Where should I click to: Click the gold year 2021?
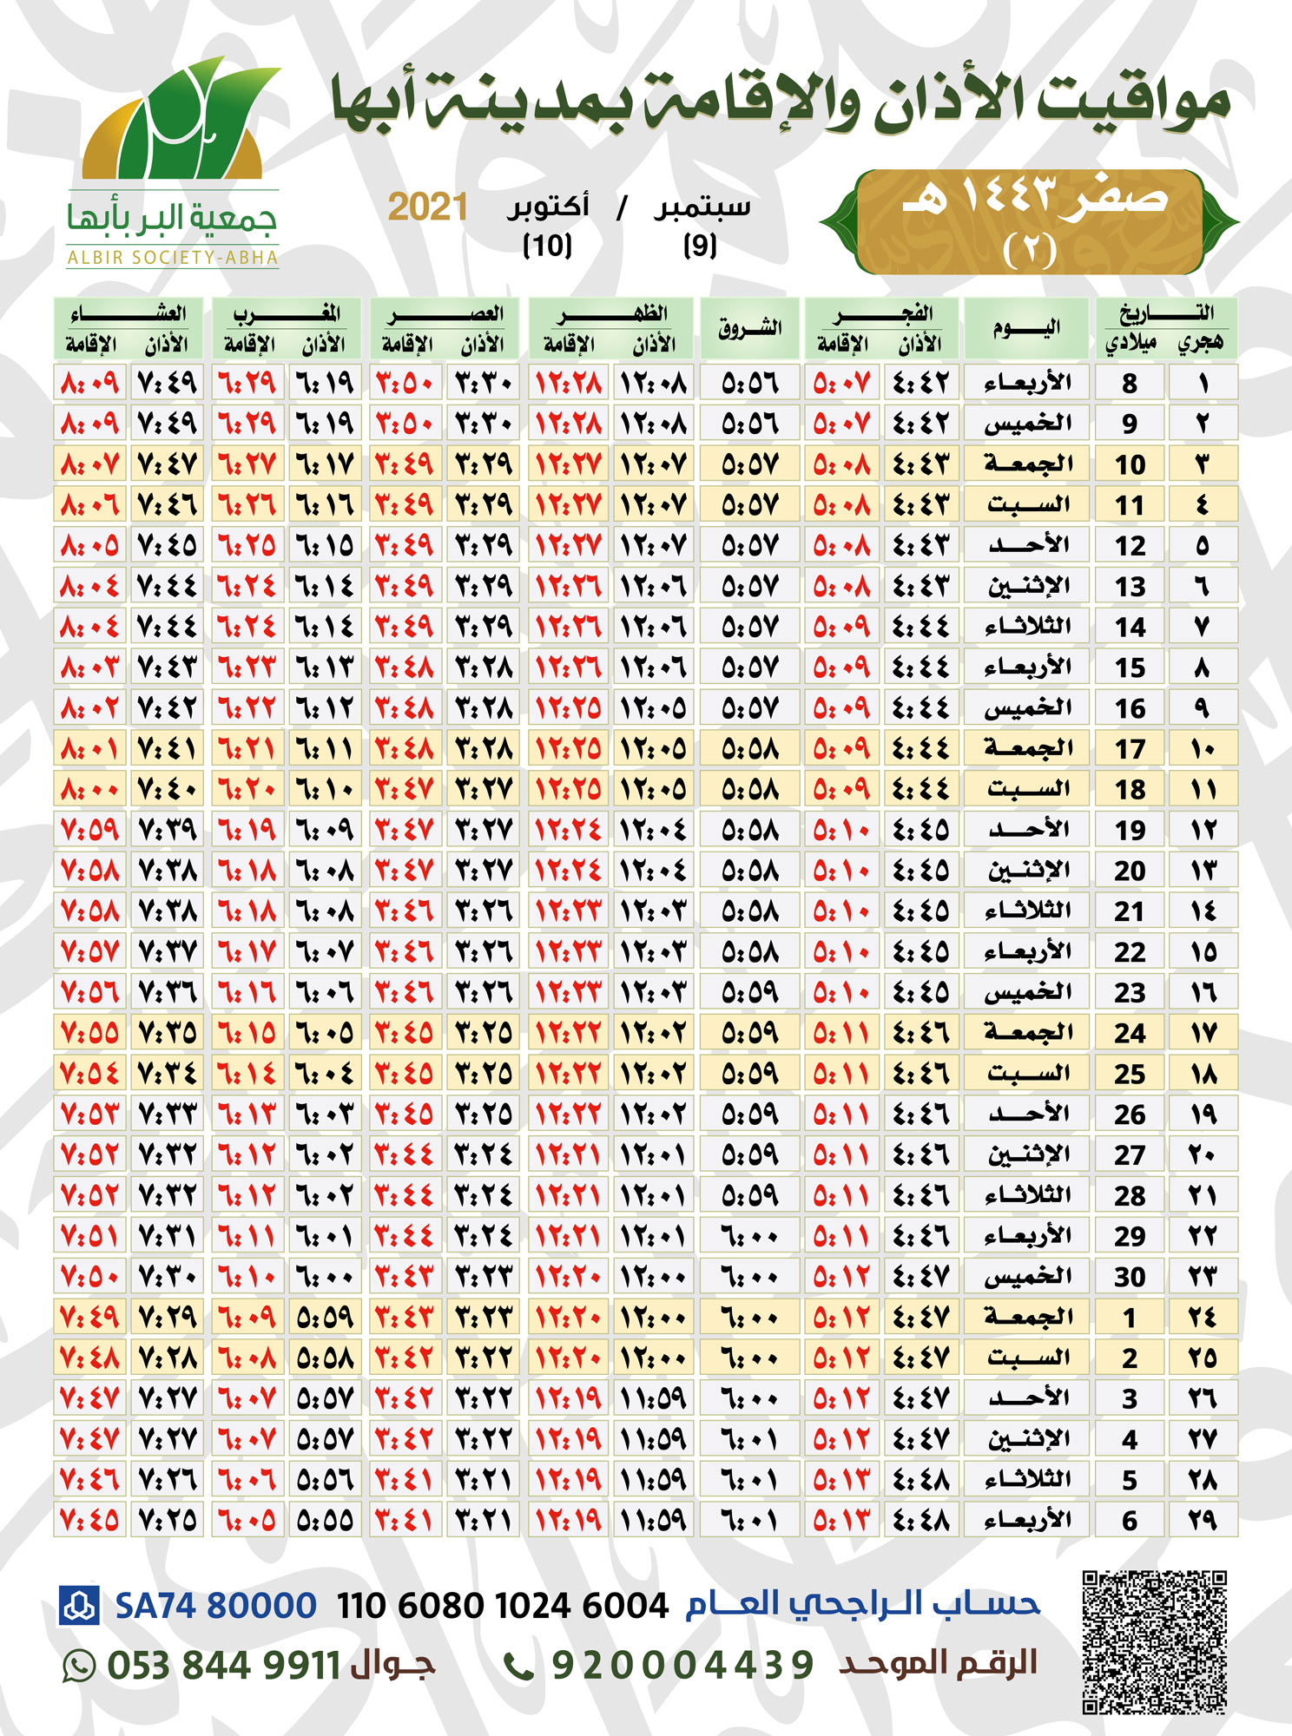point(427,207)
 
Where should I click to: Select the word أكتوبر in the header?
point(548,207)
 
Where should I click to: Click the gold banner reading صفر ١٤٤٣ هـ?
point(1030,222)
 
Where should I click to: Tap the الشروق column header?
point(749,328)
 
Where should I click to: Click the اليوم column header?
point(1025,328)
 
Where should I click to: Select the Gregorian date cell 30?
point(1130,1277)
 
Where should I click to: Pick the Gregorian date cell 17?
point(1130,748)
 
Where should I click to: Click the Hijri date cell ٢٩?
point(1203,1521)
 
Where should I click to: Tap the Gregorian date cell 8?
point(1130,383)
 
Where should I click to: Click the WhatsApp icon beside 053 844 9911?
point(79,1666)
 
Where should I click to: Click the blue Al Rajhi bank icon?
point(79,1605)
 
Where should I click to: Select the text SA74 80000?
point(215,1606)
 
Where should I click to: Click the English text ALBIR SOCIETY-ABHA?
point(173,258)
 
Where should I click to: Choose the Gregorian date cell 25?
point(1130,1074)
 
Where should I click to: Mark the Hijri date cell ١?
point(1203,383)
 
